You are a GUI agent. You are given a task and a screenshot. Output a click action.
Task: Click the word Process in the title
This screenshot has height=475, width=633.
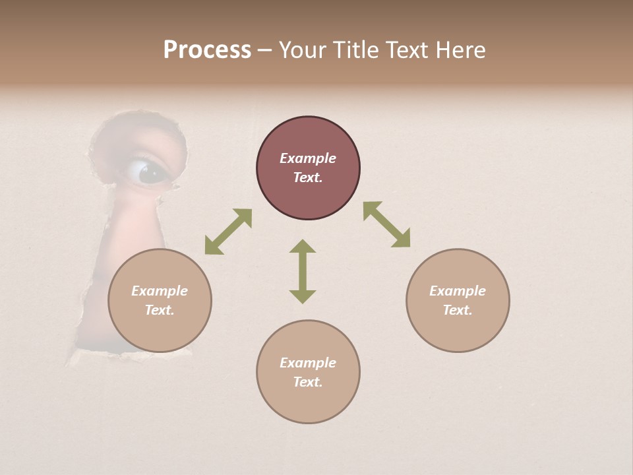click(207, 50)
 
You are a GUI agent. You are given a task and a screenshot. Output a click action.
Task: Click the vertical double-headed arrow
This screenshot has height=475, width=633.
click(303, 271)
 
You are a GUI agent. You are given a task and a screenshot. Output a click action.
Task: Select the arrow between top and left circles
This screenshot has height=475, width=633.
click(228, 232)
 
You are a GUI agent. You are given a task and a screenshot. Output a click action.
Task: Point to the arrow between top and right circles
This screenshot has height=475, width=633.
click(387, 224)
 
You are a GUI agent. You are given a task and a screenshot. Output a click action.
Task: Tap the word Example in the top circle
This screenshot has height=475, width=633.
click(308, 158)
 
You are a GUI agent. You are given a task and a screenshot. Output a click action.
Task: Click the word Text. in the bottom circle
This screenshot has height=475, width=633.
click(308, 382)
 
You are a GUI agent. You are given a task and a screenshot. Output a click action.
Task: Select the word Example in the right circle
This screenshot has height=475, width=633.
click(458, 291)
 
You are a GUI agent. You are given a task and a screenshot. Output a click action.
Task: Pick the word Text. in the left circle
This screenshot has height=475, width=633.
click(160, 310)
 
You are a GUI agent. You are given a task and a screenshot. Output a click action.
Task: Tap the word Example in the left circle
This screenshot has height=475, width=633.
click(160, 291)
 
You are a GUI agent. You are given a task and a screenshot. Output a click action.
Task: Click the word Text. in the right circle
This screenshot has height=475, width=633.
click(458, 310)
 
